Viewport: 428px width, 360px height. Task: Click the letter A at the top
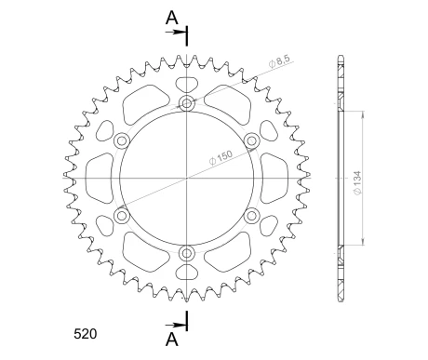click(170, 16)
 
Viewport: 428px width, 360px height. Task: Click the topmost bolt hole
click(187, 102)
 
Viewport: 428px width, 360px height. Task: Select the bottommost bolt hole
click(187, 254)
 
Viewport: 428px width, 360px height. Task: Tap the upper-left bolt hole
click(121, 140)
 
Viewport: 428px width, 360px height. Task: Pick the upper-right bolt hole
click(252, 140)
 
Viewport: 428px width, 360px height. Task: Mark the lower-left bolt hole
click(121, 216)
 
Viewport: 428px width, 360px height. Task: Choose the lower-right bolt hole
click(252, 216)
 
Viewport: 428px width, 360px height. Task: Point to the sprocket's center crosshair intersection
click(187, 179)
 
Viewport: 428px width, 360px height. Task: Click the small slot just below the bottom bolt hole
click(187, 273)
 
